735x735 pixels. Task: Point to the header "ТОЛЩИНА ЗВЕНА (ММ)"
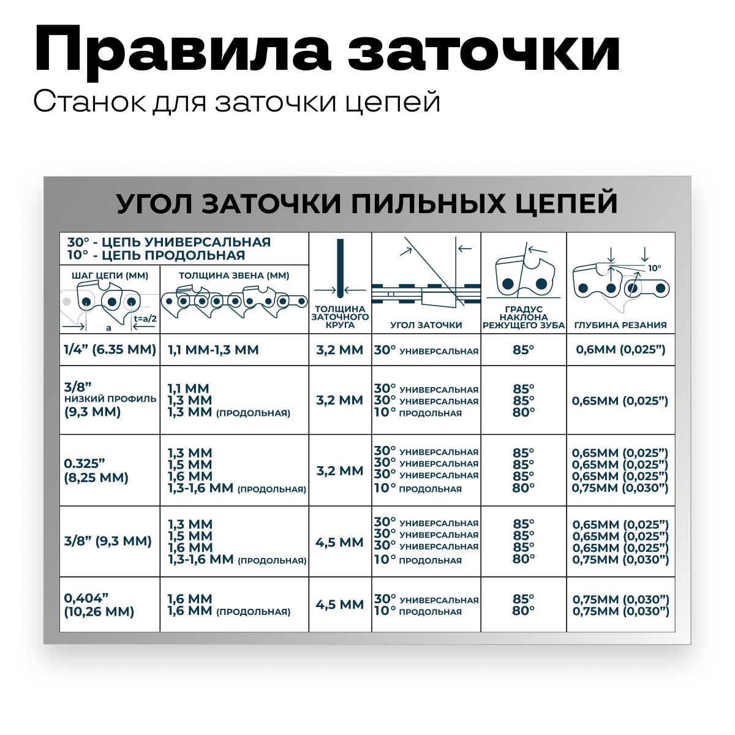[234, 276]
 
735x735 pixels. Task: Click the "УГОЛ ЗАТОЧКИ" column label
[426, 325]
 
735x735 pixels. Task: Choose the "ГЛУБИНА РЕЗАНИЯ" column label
[620, 325]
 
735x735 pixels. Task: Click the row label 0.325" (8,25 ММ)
[97, 471]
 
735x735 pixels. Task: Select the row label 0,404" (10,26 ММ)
[99, 605]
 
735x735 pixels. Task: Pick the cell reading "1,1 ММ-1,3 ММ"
[213, 350]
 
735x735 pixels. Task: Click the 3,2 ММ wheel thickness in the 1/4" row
[340, 350]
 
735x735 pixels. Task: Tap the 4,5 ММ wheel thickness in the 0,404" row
[340, 605]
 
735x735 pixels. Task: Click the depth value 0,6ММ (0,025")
[620, 350]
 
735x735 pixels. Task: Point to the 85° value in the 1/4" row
[524, 350]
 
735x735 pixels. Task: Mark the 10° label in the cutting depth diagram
[654, 268]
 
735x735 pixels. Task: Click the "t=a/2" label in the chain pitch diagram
[145, 318]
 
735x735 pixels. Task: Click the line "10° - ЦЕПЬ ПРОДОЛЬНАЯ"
[156, 255]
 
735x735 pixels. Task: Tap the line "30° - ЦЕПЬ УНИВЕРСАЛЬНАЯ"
[168, 242]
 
